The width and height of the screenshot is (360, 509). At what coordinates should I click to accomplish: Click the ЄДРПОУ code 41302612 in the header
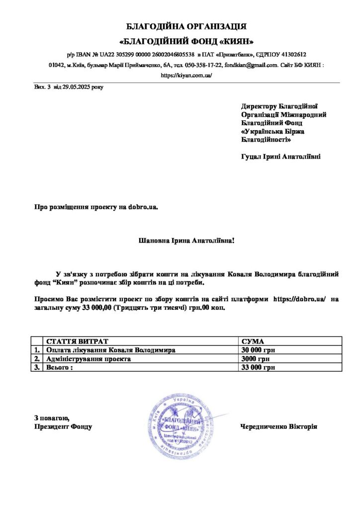tap(292, 54)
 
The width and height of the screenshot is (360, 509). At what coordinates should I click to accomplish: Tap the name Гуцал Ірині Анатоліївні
tap(280, 157)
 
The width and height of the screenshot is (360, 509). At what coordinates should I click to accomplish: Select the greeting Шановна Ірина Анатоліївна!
tap(185, 241)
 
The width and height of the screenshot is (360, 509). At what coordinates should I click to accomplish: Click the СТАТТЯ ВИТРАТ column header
tap(77, 341)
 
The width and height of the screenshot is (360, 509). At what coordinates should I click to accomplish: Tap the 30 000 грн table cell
tap(259, 350)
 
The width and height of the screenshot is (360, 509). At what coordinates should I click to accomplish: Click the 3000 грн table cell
tap(256, 359)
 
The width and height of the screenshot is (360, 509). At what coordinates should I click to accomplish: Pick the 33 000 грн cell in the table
tap(259, 368)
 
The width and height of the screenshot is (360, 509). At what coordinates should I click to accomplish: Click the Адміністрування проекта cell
tap(89, 359)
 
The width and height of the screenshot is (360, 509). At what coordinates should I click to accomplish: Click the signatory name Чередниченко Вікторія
tap(278, 426)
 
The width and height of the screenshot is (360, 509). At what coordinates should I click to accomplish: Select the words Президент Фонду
tap(63, 426)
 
